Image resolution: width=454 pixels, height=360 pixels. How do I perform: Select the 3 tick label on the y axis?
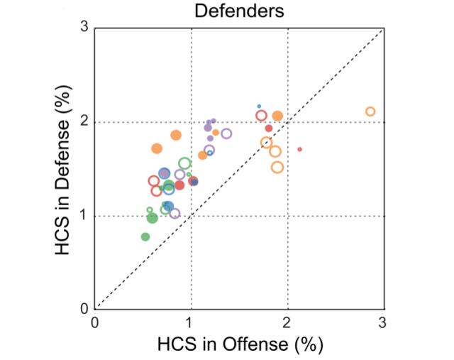[83, 28]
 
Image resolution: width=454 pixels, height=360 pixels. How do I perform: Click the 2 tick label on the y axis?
[83, 122]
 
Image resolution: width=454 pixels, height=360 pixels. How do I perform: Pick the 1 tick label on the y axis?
[83, 216]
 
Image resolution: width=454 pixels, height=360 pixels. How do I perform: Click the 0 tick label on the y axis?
[83, 310]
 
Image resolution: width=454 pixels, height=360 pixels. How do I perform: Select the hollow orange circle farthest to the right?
[370, 111]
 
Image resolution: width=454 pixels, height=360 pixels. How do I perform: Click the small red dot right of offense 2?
[300, 149]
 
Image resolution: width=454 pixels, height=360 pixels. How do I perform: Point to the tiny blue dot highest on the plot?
[259, 107]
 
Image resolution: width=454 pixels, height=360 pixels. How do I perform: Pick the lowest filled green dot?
[145, 236]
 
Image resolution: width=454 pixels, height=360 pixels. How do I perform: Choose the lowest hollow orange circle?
[277, 168]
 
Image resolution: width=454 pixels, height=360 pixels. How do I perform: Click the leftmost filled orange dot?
[157, 148]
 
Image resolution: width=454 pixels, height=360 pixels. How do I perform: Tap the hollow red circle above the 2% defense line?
[261, 116]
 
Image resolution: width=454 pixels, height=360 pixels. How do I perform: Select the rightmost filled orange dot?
[277, 116]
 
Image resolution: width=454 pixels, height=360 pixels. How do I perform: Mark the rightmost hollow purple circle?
[226, 133]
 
